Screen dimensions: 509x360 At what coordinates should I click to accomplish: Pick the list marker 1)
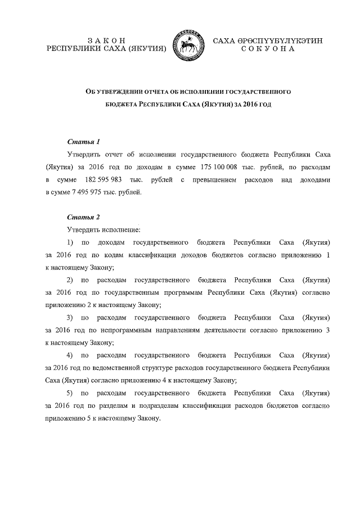pyautogui.click(x=70, y=242)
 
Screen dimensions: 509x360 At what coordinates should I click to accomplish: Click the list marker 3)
pyautogui.click(x=70, y=317)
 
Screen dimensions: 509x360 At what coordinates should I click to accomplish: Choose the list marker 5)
pyautogui.click(x=70, y=393)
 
